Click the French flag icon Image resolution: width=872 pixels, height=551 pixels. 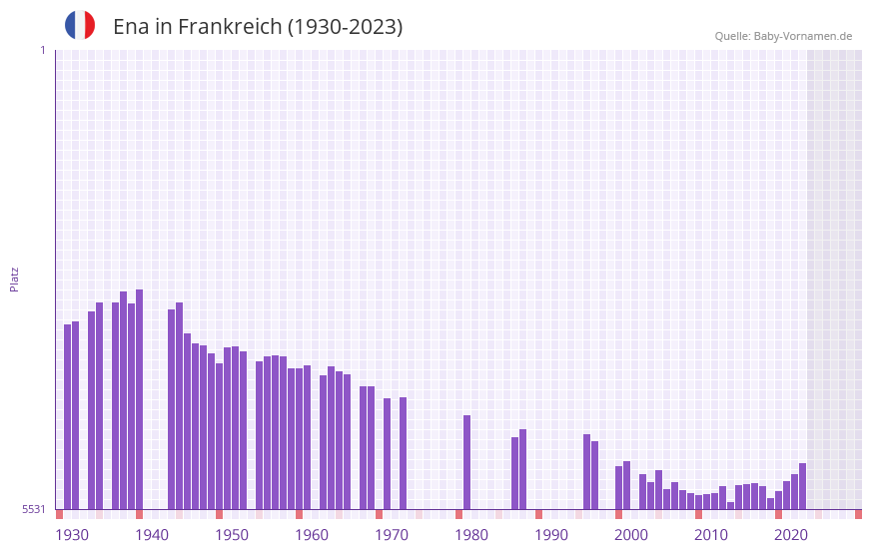tap(80, 25)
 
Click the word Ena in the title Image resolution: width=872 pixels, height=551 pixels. tap(131, 27)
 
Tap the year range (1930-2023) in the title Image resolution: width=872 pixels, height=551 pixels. tap(345, 27)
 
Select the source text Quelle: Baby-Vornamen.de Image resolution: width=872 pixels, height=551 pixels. tap(783, 36)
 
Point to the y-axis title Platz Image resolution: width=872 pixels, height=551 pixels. tap(14, 278)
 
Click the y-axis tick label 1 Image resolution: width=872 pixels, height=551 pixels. tap(42, 50)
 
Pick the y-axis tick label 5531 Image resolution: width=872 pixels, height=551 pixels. tap(34, 509)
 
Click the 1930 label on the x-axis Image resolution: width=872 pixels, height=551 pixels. tap(72, 535)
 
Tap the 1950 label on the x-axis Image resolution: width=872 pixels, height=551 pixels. tap(232, 535)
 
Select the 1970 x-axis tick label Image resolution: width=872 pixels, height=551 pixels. tap(392, 535)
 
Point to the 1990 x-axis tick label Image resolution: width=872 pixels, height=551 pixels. tap(551, 535)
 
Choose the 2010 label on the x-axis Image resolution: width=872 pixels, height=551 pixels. tap(711, 535)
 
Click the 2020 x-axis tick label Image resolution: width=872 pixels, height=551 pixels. tap(791, 535)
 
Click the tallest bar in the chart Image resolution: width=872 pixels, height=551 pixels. tap(140, 399)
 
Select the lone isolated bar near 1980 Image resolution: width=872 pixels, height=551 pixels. tap(466, 462)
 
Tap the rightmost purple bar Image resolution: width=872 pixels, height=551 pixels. tap(802, 486)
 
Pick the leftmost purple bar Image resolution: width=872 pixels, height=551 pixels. tap(68, 416)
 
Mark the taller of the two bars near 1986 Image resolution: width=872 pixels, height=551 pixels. tap(522, 469)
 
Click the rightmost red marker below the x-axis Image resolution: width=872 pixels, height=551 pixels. tap(858, 514)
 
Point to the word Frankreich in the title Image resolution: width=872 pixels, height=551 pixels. tap(230, 27)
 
